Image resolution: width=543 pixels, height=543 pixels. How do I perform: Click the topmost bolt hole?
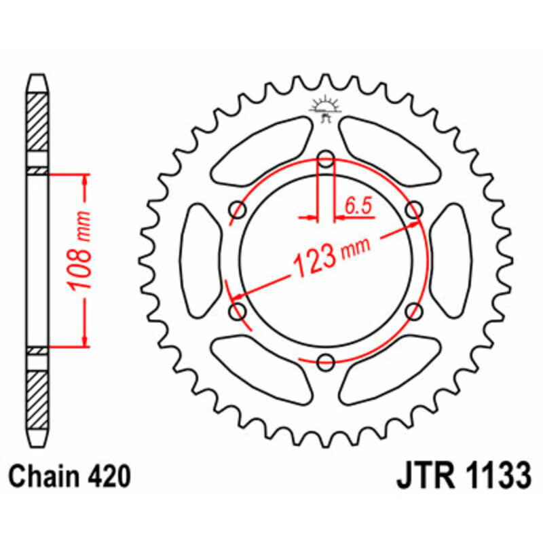326,160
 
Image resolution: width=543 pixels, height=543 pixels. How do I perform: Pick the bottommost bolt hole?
326,361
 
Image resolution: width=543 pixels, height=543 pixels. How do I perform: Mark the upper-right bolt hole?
413,211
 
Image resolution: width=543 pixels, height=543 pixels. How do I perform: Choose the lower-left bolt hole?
238,312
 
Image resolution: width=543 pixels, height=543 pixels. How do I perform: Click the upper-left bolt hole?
238,211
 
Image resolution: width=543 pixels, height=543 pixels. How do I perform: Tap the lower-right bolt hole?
413,312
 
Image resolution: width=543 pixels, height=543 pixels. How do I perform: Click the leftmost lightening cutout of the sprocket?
202,261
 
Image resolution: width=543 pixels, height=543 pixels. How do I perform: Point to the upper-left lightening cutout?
261,153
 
